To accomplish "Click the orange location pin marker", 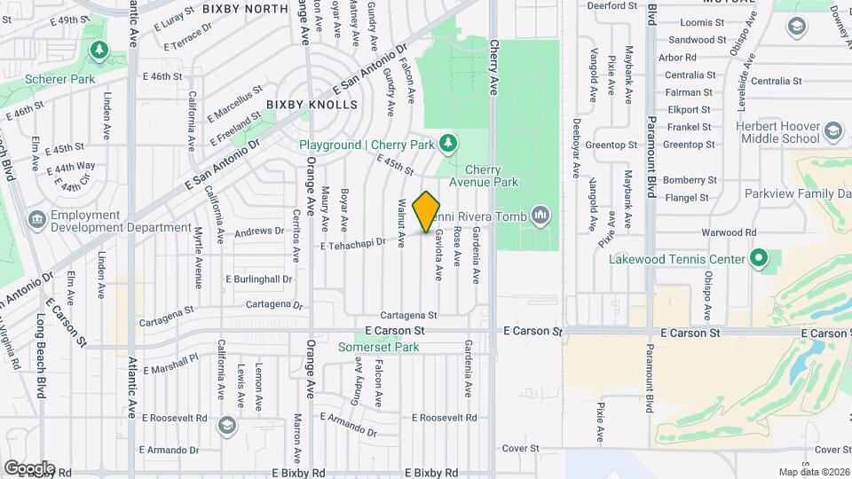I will pos(427,210).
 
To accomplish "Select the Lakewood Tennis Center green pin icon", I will pos(758,259).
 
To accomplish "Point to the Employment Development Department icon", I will pos(36,218).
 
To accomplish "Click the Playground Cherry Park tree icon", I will pos(449,143).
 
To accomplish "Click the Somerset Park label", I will pos(378,347).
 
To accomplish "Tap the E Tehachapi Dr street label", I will pos(353,242).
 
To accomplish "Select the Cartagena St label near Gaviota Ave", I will pos(408,315).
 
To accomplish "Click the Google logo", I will pos(28,467).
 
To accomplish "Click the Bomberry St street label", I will pos(689,179).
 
